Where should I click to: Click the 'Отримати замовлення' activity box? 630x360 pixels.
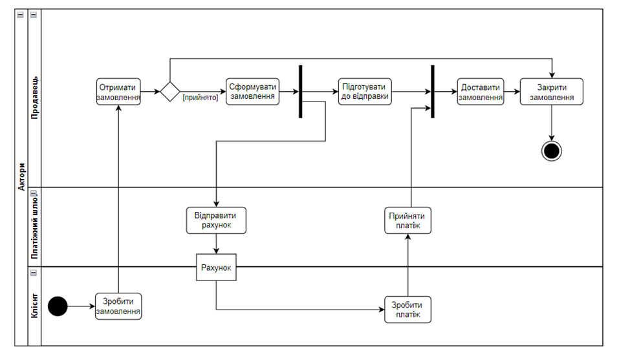pyautogui.click(x=118, y=92)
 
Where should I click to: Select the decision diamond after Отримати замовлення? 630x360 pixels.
pyautogui.click(x=170, y=92)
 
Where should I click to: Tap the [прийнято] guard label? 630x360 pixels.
pyautogui.click(x=201, y=98)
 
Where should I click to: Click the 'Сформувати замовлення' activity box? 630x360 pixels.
pyautogui.click(x=252, y=92)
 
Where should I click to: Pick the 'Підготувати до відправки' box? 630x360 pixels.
pyautogui.click(x=365, y=92)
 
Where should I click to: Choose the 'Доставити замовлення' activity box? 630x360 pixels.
pyautogui.click(x=481, y=92)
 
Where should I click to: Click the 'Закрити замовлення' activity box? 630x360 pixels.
pyautogui.click(x=552, y=92)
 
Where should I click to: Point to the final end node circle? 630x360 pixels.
pyautogui.click(x=552, y=151)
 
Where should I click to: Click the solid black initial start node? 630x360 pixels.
pyautogui.click(x=58, y=306)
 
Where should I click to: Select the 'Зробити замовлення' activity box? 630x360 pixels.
pyautogui.click(x=118, y=306)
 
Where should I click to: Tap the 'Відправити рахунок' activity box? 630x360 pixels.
pyautogui.click(x=216, y=220)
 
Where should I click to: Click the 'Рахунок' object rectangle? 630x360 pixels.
pyautogui.click(x=216, y=268)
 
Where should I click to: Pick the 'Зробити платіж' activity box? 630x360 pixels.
pyautogui.click(x=407, y=310)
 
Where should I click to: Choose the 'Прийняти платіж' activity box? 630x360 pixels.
pyautogui.click(x=407, y=220)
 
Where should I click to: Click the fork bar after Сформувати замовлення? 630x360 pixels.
pyautogui.click(x=301, y=92)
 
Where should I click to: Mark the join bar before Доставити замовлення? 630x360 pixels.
pyautogui.click(x=433, y=92)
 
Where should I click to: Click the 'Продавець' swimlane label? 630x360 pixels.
pyautogui.click(x=34, y=98)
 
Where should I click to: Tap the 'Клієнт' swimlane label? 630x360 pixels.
pyautogui.click(x=34, y=306)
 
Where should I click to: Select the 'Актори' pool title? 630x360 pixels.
pyautogui.click(x=21, y=176)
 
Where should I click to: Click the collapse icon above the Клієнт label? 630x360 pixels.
pyautogui.click(x=34, y=273)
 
